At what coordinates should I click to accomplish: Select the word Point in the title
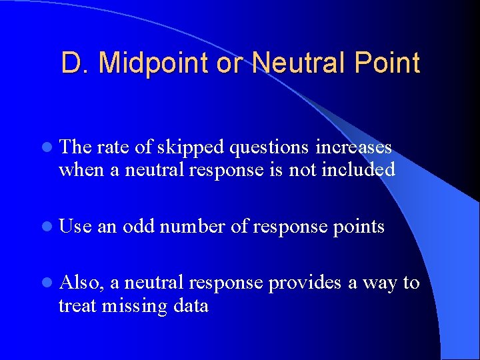[x=387, y=63]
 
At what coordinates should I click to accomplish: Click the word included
[x=358, y=170]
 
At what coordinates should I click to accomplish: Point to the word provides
[x=304, y=284]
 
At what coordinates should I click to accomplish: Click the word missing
[x=131, y=307]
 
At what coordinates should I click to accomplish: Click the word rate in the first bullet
[x=112, y=148]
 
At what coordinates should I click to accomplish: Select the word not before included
[x=303, y=170]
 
